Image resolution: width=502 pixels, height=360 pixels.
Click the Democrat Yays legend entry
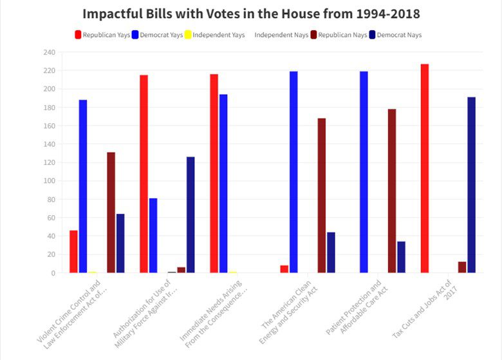(157, 35)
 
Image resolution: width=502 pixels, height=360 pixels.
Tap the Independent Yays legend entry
(214, 35)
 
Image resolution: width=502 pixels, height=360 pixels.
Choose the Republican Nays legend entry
(335, 35)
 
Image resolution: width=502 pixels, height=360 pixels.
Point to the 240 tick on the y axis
(50, 52)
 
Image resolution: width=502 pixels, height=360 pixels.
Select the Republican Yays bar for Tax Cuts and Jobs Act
(424, 168)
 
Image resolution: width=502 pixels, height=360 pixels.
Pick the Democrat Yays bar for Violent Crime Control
(83, 186)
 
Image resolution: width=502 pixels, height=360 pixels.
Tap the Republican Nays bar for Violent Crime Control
(111, 213)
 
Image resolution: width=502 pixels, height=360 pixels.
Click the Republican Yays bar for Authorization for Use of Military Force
(144, 174)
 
